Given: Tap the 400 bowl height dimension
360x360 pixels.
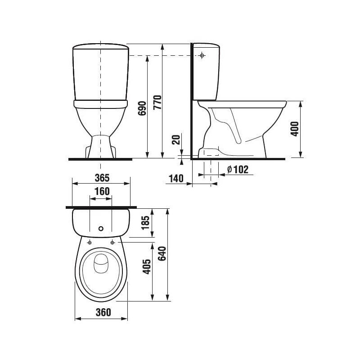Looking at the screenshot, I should [295, 129].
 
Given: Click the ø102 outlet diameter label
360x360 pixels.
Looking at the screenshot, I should [237, 170].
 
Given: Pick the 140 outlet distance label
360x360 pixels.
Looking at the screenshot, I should [176, 179].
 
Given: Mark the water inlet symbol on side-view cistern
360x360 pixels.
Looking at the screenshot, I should [202, 56].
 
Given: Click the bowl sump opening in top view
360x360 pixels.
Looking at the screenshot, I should [101, 263].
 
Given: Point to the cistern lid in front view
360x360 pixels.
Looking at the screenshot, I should [101, 47].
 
